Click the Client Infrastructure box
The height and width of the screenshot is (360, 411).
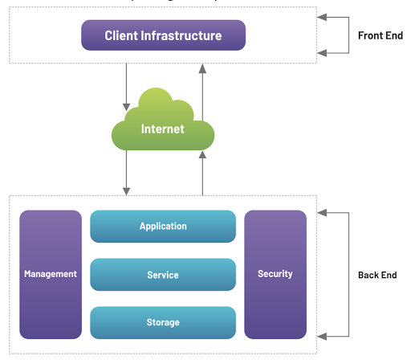pyautogui.click(x=163, y=36)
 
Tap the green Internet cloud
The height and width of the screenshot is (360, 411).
pyautogui.click(x=163, y=125)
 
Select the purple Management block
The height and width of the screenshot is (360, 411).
pyautogui.click(x=51, y=274)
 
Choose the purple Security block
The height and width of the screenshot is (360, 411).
pyautogui.click(x=275, y=274)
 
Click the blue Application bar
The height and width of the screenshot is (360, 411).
pyautogui.click(x=163, y=227)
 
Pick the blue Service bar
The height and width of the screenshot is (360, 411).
pyautogui.click(x=163, y=275)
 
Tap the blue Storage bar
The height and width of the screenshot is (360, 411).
pyautogui.click(x=163, y=322)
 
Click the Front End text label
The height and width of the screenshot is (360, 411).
pyautogui.click(x=380, y=35)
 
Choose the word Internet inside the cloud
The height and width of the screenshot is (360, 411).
pyautogui.click(x=163, y=129)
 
